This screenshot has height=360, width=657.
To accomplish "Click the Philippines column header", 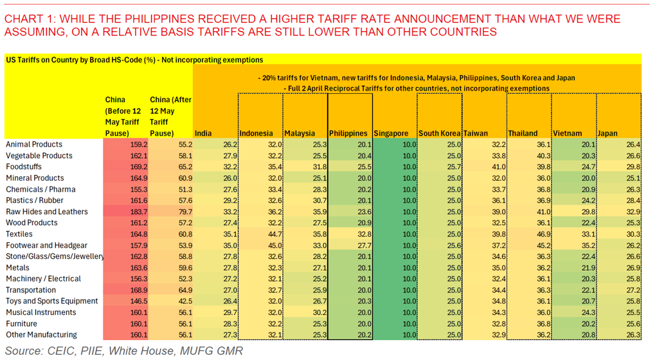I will tap(348, 133).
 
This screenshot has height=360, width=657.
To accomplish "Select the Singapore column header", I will tap(391, 133).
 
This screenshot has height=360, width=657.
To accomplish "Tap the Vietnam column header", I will tap(567, 133).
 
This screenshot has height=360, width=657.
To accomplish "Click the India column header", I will tap(203, 133).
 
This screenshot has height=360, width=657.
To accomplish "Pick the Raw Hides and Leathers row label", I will tap(47, 212).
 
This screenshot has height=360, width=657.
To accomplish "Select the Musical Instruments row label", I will tap(41, 312).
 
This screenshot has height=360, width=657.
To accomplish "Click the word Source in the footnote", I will tap(24, 351).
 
